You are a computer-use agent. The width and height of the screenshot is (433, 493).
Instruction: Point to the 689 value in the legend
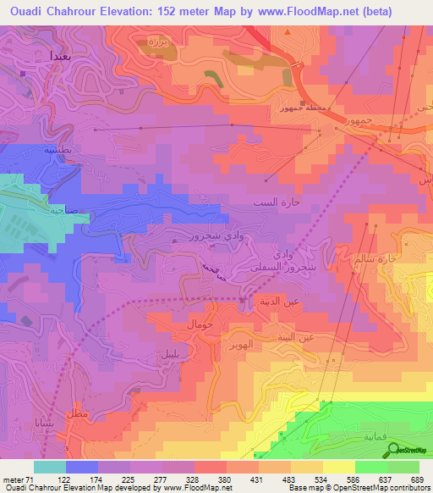[x=418, y=479]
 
